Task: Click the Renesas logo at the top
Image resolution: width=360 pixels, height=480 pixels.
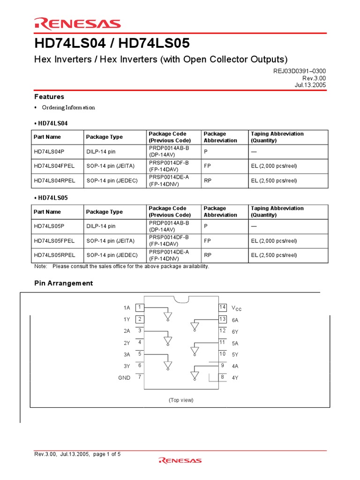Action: [x=77, y=24]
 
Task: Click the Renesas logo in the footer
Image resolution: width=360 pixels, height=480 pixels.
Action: [x=180, y=460]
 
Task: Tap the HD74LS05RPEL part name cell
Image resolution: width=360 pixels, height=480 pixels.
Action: [x=54, y=255]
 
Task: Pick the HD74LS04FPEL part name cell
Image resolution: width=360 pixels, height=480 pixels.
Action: [x=54, y=166]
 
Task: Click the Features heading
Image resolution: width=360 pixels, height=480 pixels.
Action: [x=49, y=97]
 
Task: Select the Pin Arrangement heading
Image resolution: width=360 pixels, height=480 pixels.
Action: [x=63, y=283]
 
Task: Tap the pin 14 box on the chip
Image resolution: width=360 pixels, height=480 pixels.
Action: [x=223, y=307]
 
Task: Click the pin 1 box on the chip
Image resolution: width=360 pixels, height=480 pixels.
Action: [x=140, y=307]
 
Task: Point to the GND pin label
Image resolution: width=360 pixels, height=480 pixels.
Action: [x=124, y=377]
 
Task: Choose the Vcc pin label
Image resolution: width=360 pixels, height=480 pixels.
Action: [x=236, y=308]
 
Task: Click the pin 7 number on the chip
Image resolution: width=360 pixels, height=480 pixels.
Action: [x=140, y=377]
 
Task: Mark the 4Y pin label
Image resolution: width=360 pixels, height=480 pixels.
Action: [x=235, y=377]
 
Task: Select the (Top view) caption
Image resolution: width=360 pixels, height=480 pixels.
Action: [x=181, y=400]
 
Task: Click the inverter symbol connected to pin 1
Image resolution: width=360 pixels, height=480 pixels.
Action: [x=168, y=316]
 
